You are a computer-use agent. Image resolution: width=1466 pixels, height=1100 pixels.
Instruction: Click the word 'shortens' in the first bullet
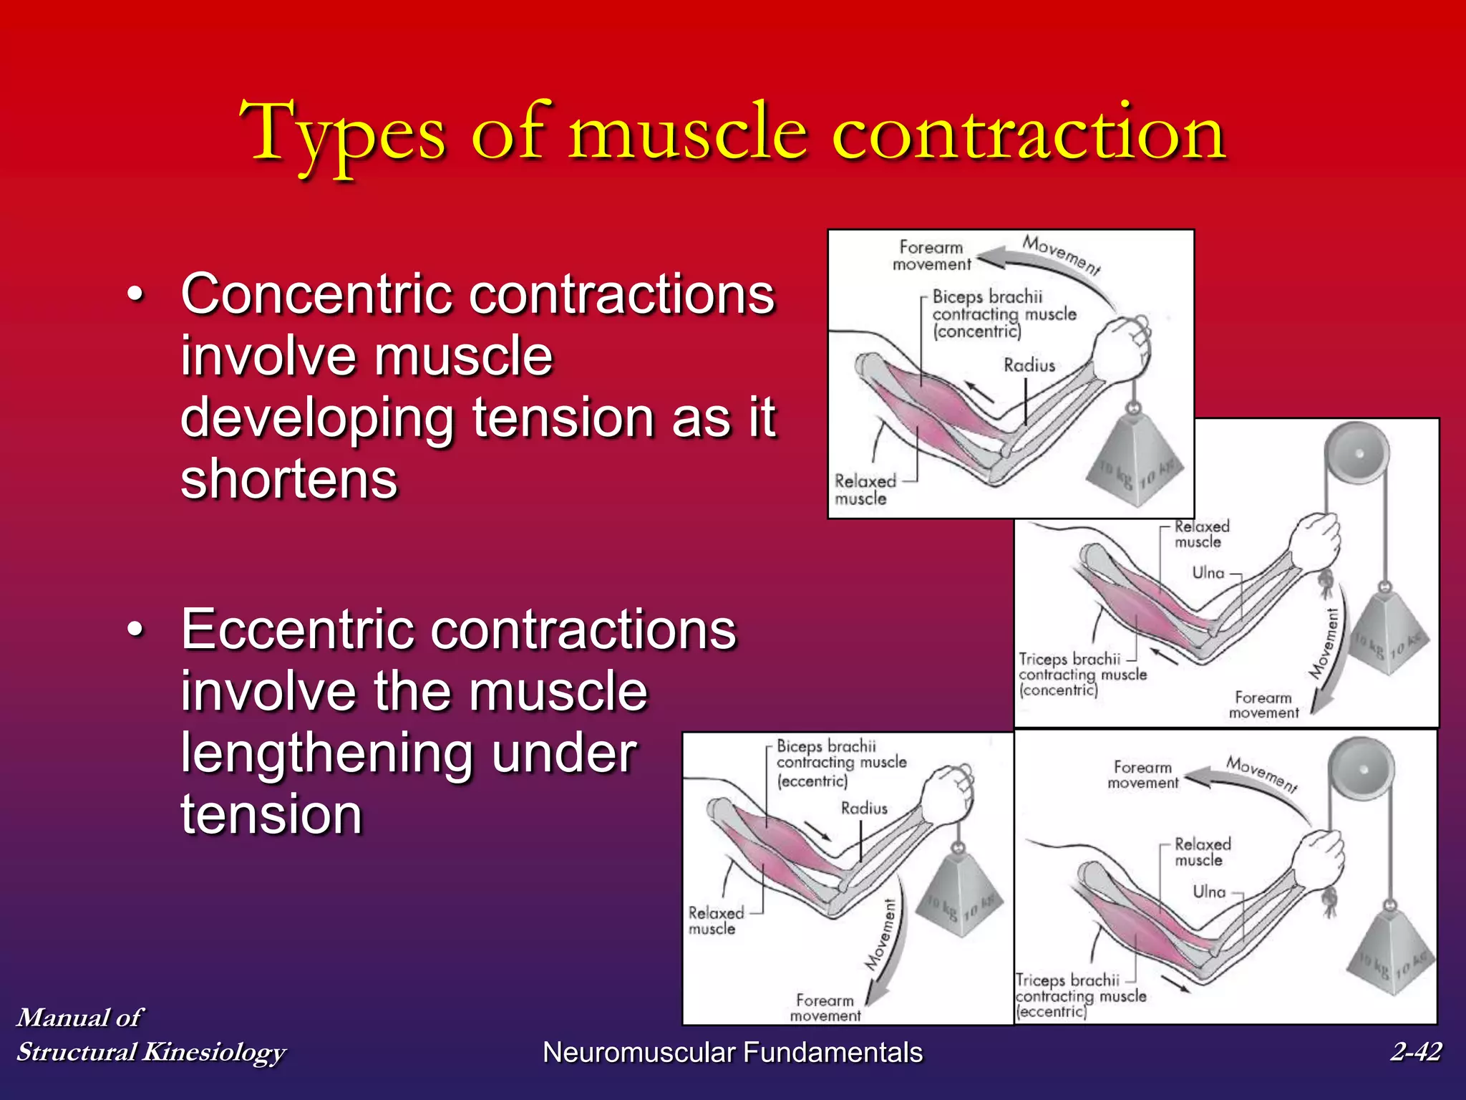288,479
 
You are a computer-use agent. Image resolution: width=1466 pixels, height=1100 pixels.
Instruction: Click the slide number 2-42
1415,1051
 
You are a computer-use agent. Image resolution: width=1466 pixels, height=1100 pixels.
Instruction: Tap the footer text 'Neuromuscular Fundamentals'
732,1052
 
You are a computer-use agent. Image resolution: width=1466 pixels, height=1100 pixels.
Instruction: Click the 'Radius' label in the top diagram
1029,365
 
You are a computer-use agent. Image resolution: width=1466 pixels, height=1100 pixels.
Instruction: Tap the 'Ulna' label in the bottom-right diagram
1209,892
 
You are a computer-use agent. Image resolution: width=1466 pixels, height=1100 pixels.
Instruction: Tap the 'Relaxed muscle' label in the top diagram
864,490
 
